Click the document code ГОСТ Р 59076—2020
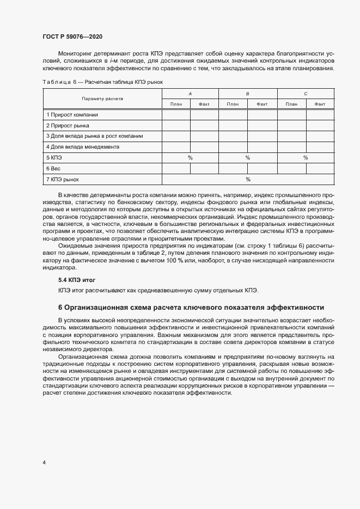tap(72, 36)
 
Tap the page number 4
tap(44, 463)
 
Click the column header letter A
tap(190, 94)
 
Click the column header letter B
tap(247, 94)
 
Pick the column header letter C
tap(306, 94)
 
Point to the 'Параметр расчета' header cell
tap(102, 99)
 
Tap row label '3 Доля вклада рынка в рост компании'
tap(95, 136)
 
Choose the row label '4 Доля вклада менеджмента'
tap(83, 146)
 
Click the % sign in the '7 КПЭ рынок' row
tap(248, 179)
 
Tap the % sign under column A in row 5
tap(190, 157)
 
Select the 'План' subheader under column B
tap(233, 103)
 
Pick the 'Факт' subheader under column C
tap(320, 103)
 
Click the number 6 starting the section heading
tap(60, 307)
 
